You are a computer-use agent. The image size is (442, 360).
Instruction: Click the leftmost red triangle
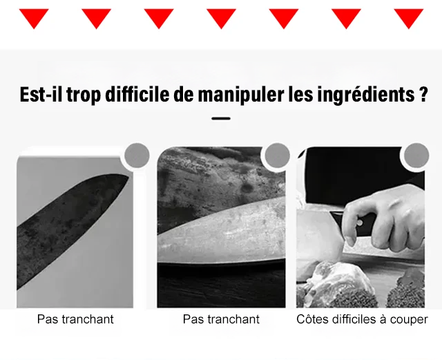coord(34,17)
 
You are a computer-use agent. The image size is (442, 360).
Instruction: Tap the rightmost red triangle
coord(408,17)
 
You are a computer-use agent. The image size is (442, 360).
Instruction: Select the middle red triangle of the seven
coord(221,17)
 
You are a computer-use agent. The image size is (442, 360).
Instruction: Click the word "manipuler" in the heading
coord(241,95)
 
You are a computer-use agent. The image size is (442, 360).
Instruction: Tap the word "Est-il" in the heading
coord(41,94)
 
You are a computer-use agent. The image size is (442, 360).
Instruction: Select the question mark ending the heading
coord(423,94)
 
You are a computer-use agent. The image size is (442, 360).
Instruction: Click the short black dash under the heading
coord(221,118)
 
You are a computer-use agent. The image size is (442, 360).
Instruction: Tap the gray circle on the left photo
coord(137,155)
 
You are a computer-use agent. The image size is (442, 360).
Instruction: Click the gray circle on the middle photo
coord(277,155)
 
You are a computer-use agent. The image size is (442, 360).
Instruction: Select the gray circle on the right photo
coord(416,155)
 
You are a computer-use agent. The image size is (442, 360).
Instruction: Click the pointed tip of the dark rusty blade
coord(128,177)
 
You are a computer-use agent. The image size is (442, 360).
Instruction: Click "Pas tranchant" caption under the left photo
coord(75,319)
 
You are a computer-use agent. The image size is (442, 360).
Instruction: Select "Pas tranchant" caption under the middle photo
coord(221,319)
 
